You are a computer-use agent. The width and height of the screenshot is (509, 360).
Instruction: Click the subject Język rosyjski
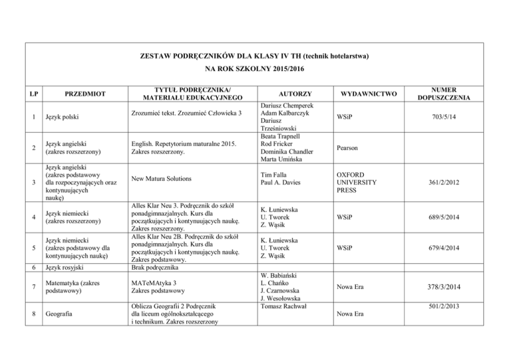(x=63, y=267)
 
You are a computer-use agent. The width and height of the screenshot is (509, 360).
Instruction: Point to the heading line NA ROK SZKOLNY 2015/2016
(x=254, y=68)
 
